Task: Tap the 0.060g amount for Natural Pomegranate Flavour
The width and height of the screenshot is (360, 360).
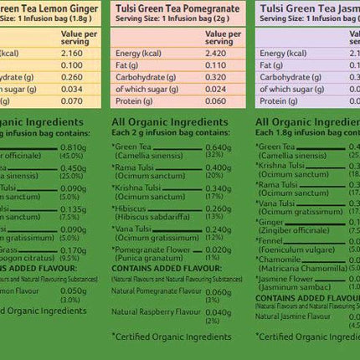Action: pos(218,292)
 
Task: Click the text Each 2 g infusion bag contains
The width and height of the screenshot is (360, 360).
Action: pos(170,132)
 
